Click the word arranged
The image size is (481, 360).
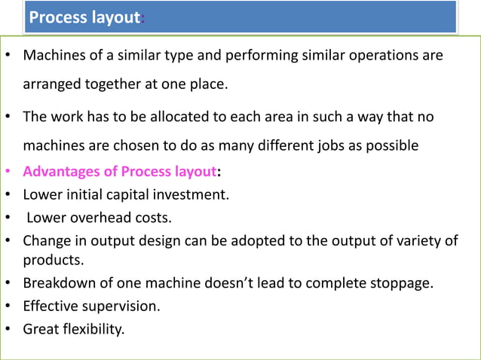[52, 84]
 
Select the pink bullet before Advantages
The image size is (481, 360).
[8, 172]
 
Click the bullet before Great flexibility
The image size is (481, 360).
[8, 329]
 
